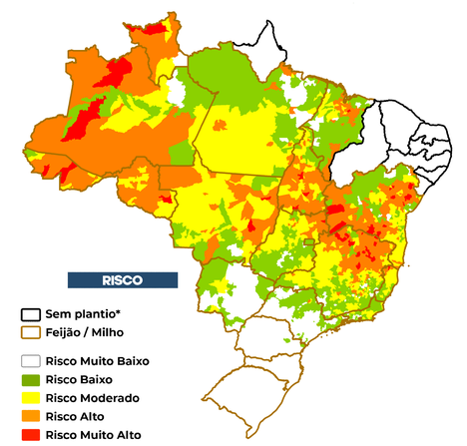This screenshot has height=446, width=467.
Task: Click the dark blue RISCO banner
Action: pos(122,279)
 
